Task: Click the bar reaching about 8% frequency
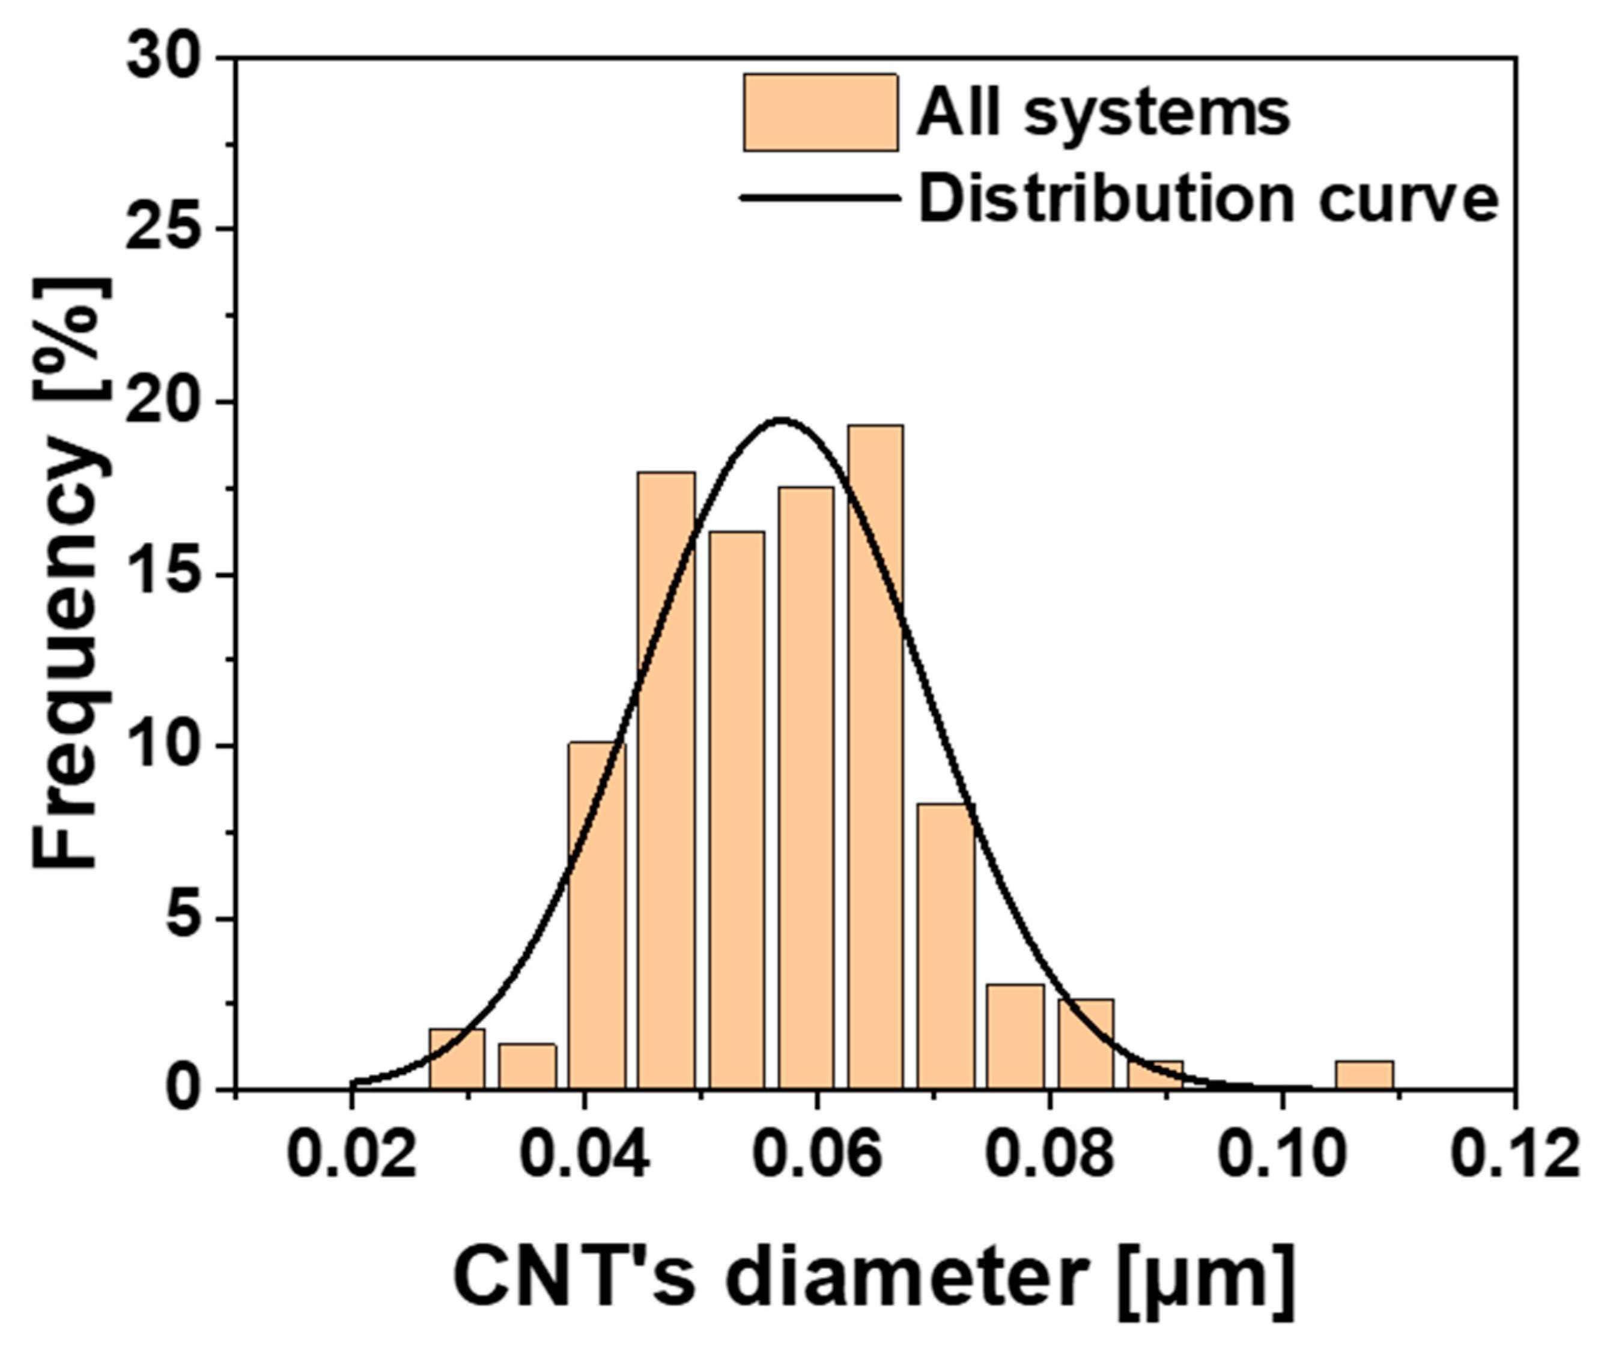click(x=946, y=947)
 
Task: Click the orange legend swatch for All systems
click(x=821, y=112)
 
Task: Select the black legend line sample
click(x=821, y=198)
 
